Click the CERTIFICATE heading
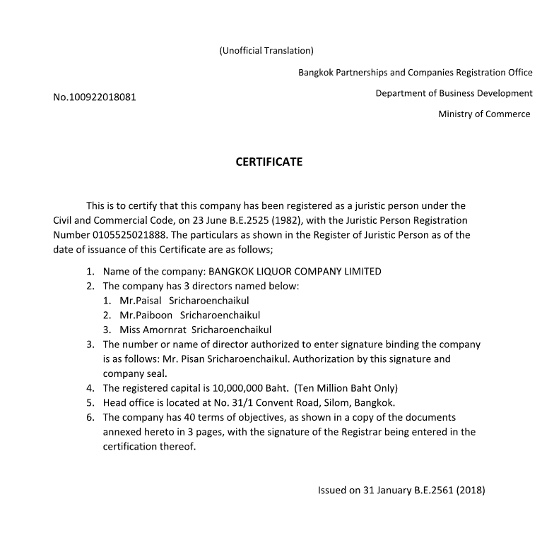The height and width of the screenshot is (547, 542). click(x=269, y=162)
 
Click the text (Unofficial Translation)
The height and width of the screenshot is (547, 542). click(x=266, y=51)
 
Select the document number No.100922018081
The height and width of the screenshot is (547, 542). click(x=95, y=97)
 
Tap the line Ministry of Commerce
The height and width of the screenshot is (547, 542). click(x=484, y=114)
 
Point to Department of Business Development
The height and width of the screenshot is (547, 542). click(x=454, y=93)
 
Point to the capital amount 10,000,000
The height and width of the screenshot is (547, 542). click(x=218, y=388)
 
